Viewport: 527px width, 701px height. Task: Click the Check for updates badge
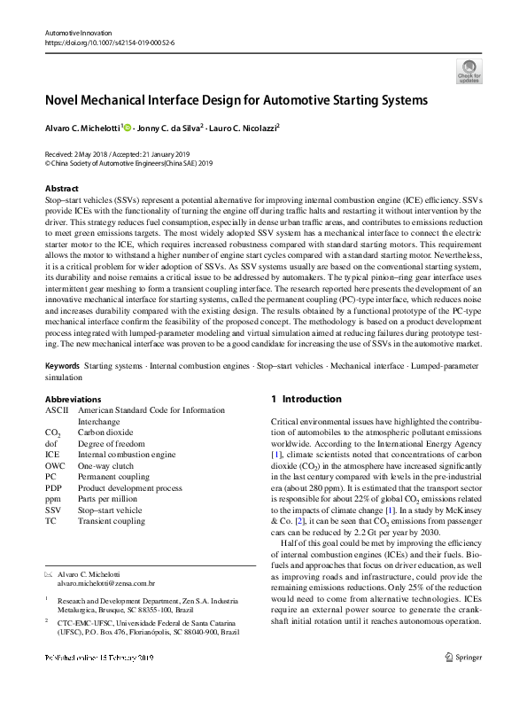click(469, 71)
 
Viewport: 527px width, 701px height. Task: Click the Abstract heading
click(62, 189)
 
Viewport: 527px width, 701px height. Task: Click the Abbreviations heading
click(73, 400)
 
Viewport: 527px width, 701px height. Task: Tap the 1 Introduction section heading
click(306, 400)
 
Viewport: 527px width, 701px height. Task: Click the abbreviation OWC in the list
click(55, 464)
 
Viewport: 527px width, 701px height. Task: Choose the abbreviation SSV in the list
click(53, 510)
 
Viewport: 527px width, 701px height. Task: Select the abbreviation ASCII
click(56, 411)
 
